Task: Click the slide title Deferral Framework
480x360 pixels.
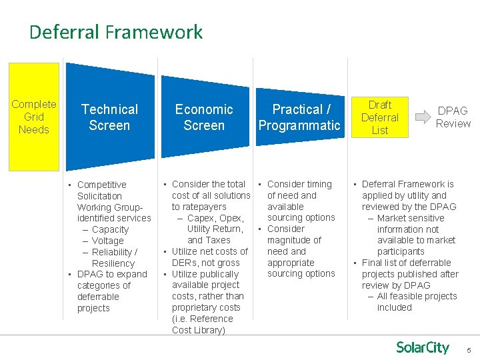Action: (x=116, y=32)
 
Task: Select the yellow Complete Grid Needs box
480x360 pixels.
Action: (x=34, y=117)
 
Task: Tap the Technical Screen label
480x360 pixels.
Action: (x=109, y=117)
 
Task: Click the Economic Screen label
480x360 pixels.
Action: (x=204, y=117)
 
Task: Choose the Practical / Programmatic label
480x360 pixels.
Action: (x=299, y=117)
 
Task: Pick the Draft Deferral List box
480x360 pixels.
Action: (x=379, y=117)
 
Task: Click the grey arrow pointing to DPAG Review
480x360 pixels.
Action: (x=422, y=117)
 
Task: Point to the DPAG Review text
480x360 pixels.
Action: (x=453, y=117)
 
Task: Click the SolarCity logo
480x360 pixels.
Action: (x=423, y=347)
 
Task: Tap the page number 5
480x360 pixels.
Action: (x=469, y=350)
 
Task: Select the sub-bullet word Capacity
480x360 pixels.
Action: (x=110, y=229)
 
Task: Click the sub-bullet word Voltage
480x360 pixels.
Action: (x=107, y=241)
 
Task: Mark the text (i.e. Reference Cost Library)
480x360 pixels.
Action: (x=202, y=324)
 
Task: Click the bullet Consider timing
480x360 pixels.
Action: (x=299, y=184)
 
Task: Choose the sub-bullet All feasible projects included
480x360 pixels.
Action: (x=417, y=301)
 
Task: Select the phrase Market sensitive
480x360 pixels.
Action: (x=410, y=218)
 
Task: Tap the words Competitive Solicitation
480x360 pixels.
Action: (x=101, y=190)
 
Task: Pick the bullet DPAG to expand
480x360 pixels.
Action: (x=111, y=274)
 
